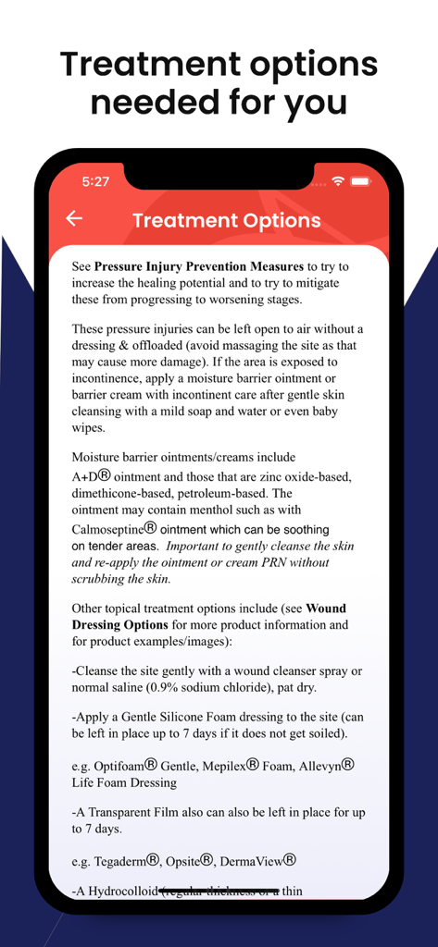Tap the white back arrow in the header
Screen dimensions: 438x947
point(74,218)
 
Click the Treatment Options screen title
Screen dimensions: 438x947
point(226,220)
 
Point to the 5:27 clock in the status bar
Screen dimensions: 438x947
point(95,181)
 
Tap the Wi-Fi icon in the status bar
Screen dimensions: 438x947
point(338,181)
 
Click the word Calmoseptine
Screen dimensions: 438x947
point(105,529)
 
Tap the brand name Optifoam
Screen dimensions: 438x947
point(118,766)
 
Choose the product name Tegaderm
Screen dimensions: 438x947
point(121,861)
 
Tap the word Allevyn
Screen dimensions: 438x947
point(315,766)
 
